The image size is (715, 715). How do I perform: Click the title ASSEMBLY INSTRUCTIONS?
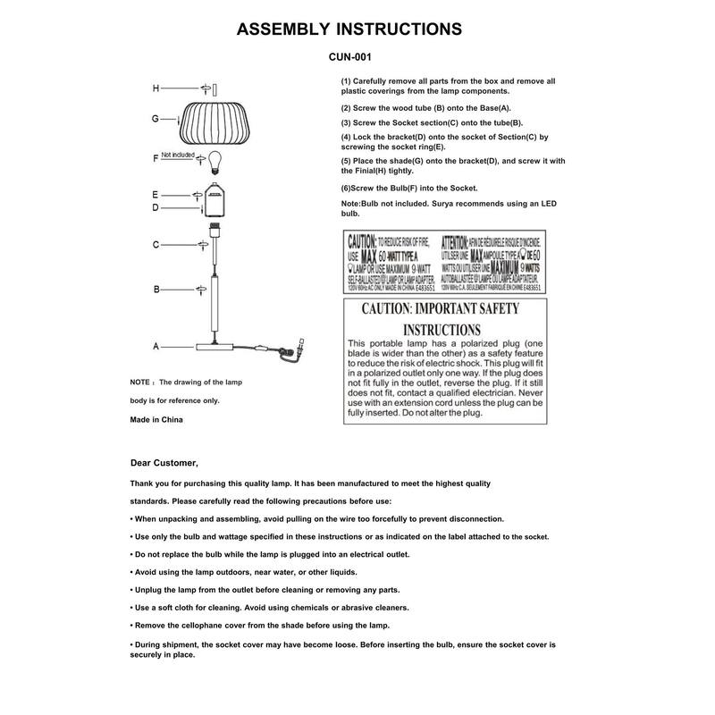(x=349, y=29)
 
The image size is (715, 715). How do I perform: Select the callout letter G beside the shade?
(x=155, y=118)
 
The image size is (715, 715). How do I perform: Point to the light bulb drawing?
(x=214, y=159)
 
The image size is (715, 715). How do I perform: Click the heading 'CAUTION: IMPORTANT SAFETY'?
(x=439, y=309)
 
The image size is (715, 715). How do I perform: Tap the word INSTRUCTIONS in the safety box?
(x=439, y=329)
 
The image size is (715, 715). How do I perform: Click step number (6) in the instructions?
(x=349, y=188)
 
